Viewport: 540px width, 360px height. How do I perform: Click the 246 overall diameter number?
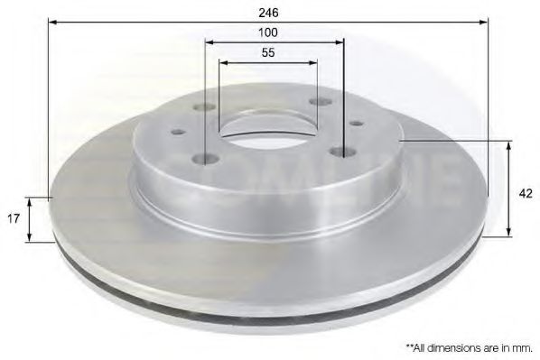coord(268,13)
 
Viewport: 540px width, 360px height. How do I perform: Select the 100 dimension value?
coord(268,32)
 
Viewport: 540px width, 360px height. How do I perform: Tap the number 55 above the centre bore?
coord(268,52)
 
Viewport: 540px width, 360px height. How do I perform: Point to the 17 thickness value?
coord(14,218)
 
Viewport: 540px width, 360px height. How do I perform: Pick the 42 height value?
coord(526,194)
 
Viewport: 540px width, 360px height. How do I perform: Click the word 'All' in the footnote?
coord(421,348)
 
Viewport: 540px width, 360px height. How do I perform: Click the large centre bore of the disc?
coord(268,128)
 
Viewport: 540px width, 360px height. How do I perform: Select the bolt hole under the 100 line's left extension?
coord(205,159)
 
